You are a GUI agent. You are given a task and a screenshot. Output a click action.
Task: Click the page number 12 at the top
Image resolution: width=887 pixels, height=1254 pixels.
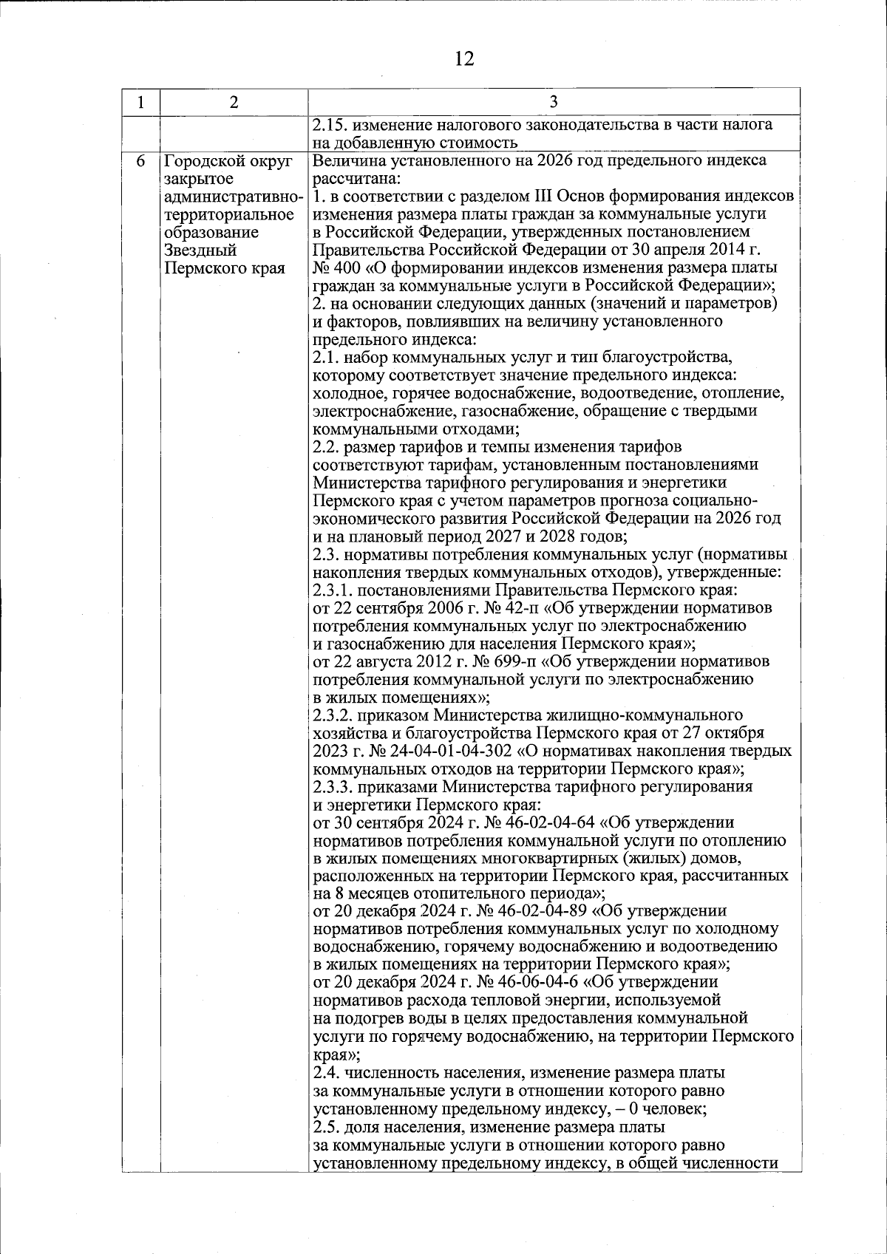[x=464, y=58]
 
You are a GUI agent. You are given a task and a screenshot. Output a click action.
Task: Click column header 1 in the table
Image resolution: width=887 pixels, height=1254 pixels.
[x=140, y=102]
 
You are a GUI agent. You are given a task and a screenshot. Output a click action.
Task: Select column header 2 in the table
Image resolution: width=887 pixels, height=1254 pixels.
[x=234, y=102]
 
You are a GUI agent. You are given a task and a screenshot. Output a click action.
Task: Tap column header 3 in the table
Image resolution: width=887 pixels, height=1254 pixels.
[x=554, y=102]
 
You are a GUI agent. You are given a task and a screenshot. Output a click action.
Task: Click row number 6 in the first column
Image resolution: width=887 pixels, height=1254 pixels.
[x=140, y=161]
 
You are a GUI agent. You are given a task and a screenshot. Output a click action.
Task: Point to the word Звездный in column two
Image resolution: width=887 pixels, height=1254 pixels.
[x=200, y=250]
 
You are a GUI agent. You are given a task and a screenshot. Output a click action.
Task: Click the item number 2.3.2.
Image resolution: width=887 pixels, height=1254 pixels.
[x=333, y=715]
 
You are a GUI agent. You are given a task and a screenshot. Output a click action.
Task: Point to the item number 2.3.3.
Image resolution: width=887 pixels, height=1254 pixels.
[x=333, y=786]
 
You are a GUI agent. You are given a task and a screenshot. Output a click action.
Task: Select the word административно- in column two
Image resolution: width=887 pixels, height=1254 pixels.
[x=234, y=197]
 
